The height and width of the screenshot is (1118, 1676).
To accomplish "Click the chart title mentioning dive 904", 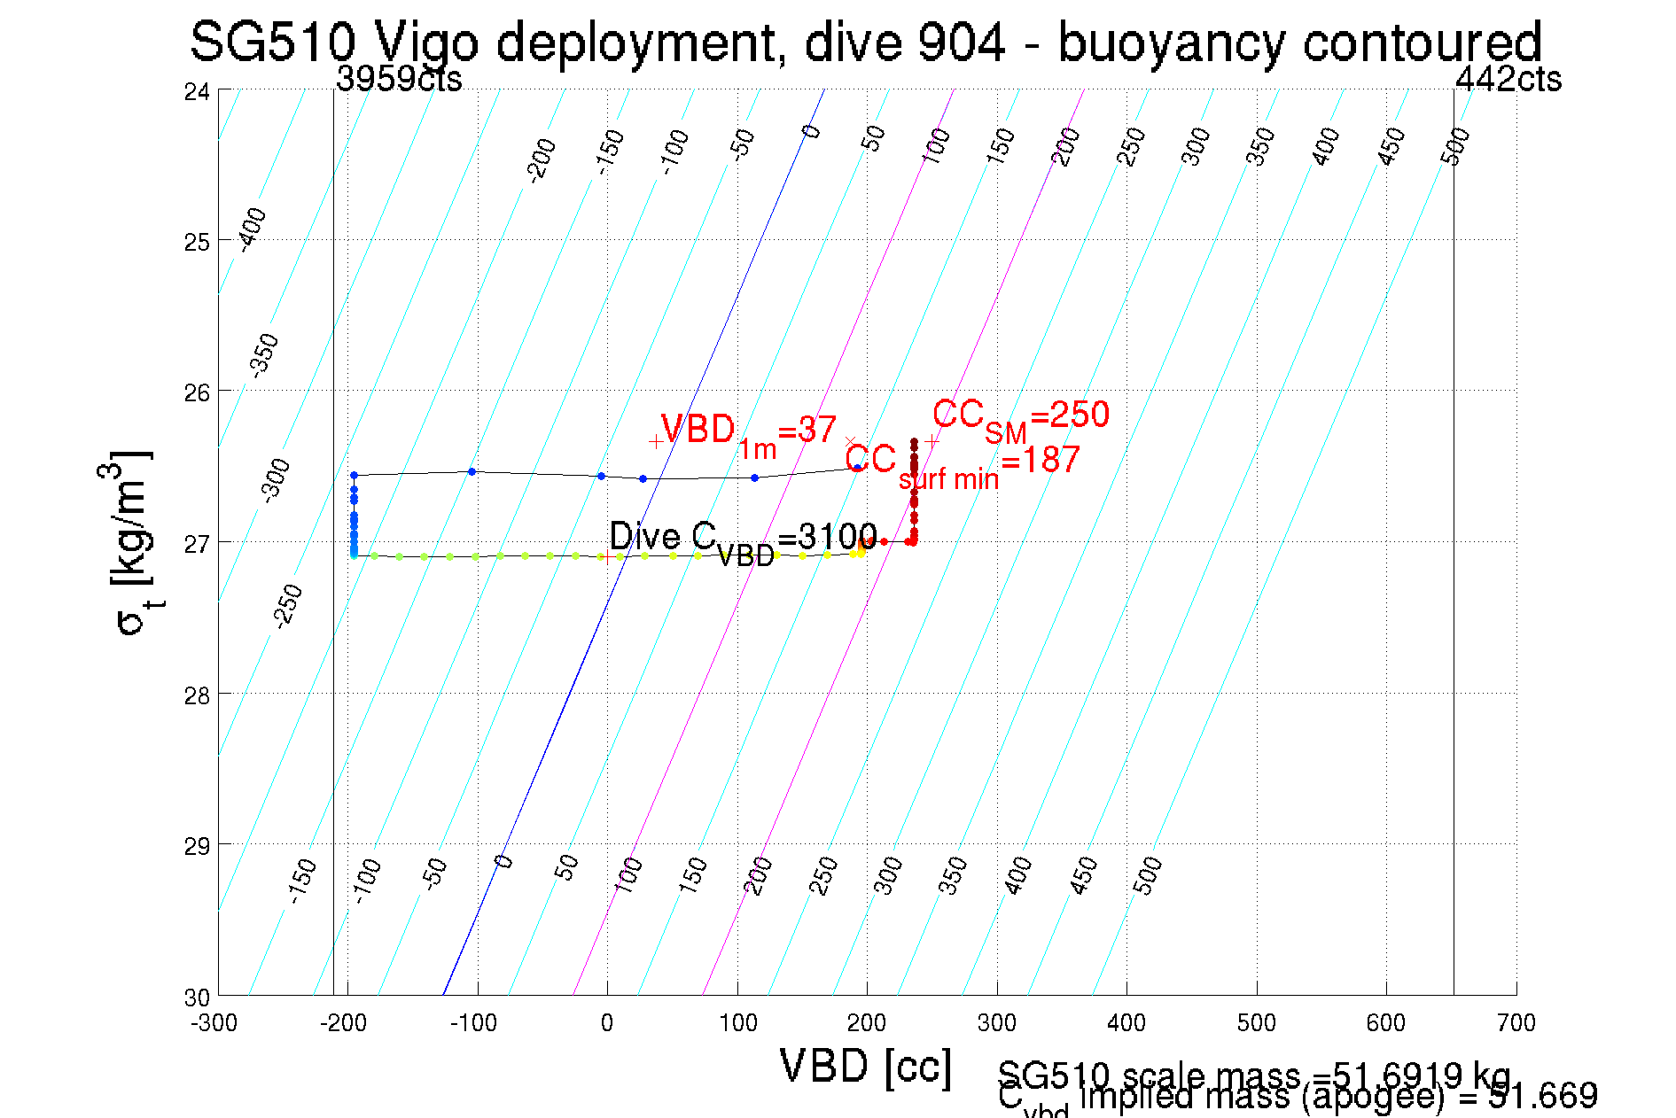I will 865,42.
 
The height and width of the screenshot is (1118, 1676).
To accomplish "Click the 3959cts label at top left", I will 399,79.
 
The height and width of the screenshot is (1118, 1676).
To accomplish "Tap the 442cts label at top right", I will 1508,79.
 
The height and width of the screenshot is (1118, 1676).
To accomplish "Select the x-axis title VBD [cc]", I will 866,1066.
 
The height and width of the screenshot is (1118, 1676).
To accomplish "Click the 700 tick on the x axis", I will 1516,1023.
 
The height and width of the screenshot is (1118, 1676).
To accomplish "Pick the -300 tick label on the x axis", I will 214,1023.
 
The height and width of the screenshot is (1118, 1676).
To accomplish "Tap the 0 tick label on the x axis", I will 606,1023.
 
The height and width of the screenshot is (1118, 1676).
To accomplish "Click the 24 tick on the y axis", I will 197,91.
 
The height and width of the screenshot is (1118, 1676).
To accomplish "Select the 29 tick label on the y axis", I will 197,846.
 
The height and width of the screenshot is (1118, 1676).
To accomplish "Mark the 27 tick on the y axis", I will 197,543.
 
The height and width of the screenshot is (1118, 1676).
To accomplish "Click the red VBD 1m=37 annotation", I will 748,431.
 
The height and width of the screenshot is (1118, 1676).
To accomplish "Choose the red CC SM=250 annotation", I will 1020,416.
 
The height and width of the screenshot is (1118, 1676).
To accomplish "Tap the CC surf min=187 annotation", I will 962,463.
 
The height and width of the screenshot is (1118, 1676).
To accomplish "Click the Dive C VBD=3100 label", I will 743,539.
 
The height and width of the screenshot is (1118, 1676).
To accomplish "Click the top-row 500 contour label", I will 1455,145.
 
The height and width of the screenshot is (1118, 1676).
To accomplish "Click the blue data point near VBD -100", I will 472,471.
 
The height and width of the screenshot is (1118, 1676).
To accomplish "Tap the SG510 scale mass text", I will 1253,1075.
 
